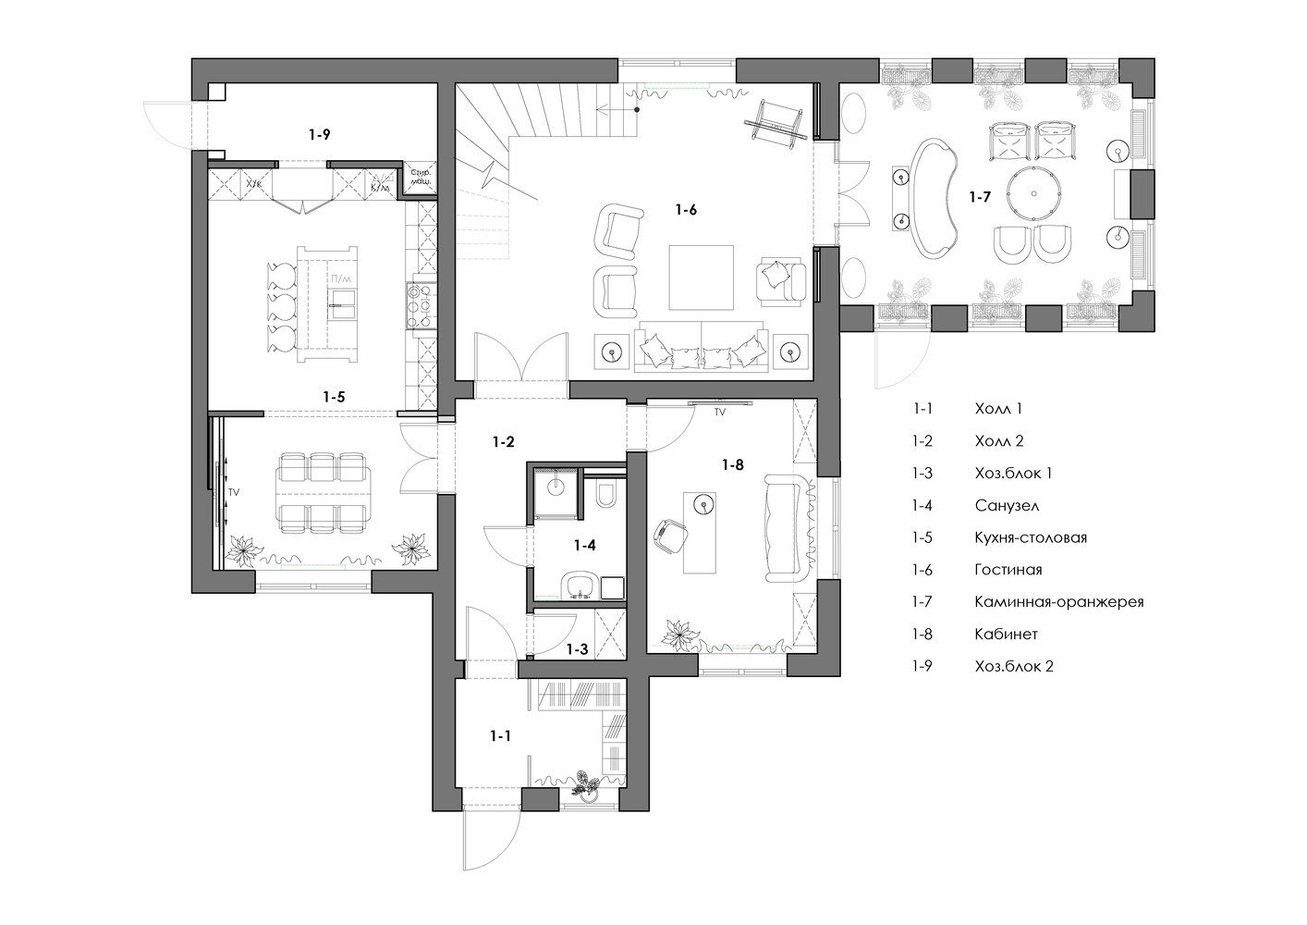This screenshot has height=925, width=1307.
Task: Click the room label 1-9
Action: (320, 134)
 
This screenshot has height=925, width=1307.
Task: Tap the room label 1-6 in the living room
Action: (686, 210)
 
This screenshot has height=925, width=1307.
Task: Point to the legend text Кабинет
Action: (1006, 634)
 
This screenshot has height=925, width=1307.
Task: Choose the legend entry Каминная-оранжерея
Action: (1059, 601)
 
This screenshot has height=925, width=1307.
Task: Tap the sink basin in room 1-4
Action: (580, 585)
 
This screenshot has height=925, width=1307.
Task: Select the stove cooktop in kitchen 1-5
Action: (414, 304)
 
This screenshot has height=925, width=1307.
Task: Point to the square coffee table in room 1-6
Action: (702, 276)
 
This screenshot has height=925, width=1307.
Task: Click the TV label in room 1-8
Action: (719, 413)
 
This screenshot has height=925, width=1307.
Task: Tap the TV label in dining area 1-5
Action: (234, 493)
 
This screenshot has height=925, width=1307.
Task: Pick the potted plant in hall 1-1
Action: (585, 783)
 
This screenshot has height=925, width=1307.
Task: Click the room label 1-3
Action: (577, 649)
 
